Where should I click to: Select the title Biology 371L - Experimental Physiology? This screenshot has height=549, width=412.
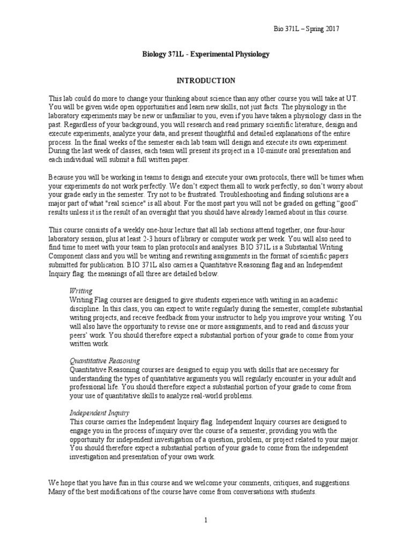click(x=205, y=55)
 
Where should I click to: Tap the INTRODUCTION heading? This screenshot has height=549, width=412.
click(x=206, y=80)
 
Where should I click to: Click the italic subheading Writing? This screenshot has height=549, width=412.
click(x=81, y=290)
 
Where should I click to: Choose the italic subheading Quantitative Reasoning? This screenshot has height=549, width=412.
click(x=105, y=361)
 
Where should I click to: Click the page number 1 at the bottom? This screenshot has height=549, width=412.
click(x=205, y=520)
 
